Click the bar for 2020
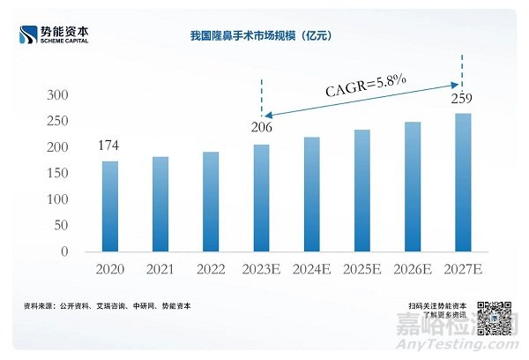108,206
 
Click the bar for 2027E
463,183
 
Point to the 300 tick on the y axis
57,95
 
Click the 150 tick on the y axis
57,173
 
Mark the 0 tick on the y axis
64,251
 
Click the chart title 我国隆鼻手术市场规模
264,35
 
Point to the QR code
494,318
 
